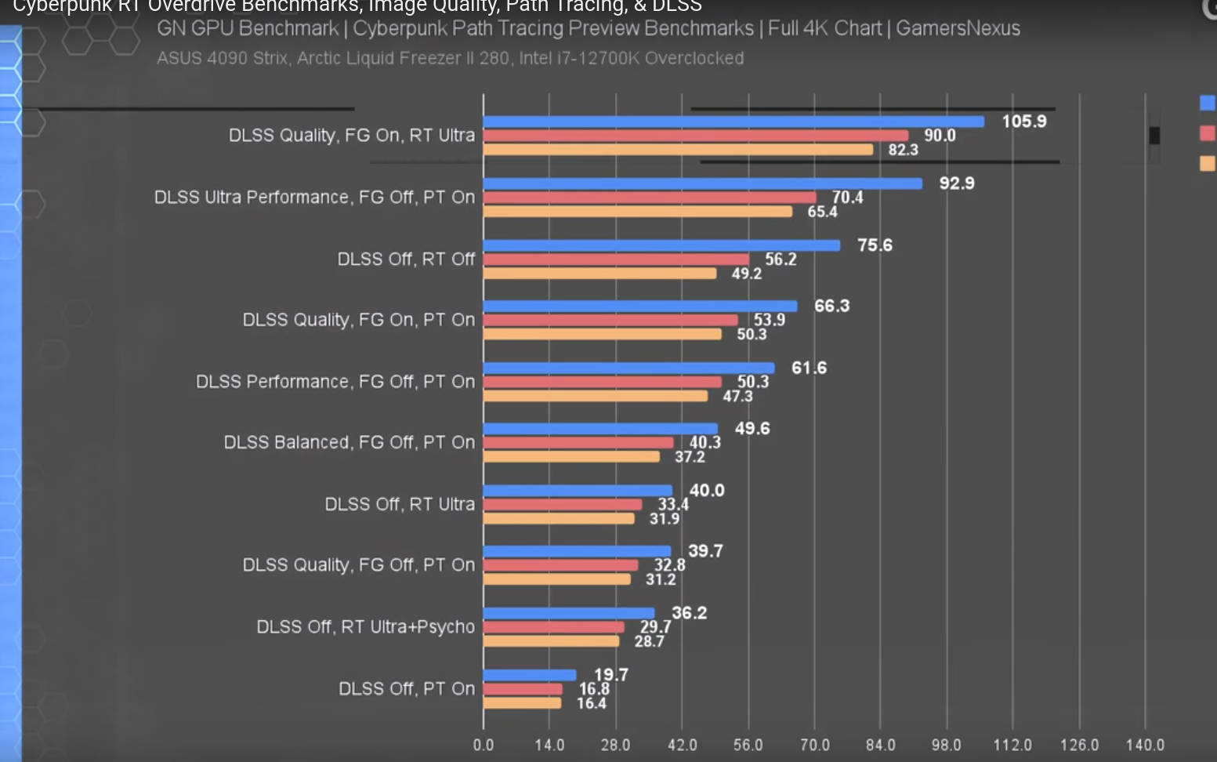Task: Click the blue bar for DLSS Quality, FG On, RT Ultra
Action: (x=733, y=122)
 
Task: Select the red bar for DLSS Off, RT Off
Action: (x=616, y=259)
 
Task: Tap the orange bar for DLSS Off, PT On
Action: (x=522, y=703)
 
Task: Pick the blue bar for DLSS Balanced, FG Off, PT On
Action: (x=600, y=429)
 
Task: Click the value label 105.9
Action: (x=1024, y=122)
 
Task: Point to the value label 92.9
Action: (x=957, y=183)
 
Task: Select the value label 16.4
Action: (x=592, y=704)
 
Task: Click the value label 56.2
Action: (x=781, y=259)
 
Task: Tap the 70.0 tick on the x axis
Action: (x=815, y=745)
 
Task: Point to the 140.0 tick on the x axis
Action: (x=1145, y=745)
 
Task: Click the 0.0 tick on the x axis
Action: (x=484, y=745)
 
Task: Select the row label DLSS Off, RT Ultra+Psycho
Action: (x=366, y=627)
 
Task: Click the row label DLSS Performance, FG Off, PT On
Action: (x=335, y=382)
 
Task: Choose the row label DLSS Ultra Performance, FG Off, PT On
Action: (x=314, y=197)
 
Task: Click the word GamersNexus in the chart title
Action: (x=958, y=28)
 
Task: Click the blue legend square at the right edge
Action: (x=1207, y=103)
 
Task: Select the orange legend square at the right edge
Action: (x=1207, y=163)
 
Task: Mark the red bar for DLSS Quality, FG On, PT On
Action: (x=610, y=321)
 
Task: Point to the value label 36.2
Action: (x=689, y=613)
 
